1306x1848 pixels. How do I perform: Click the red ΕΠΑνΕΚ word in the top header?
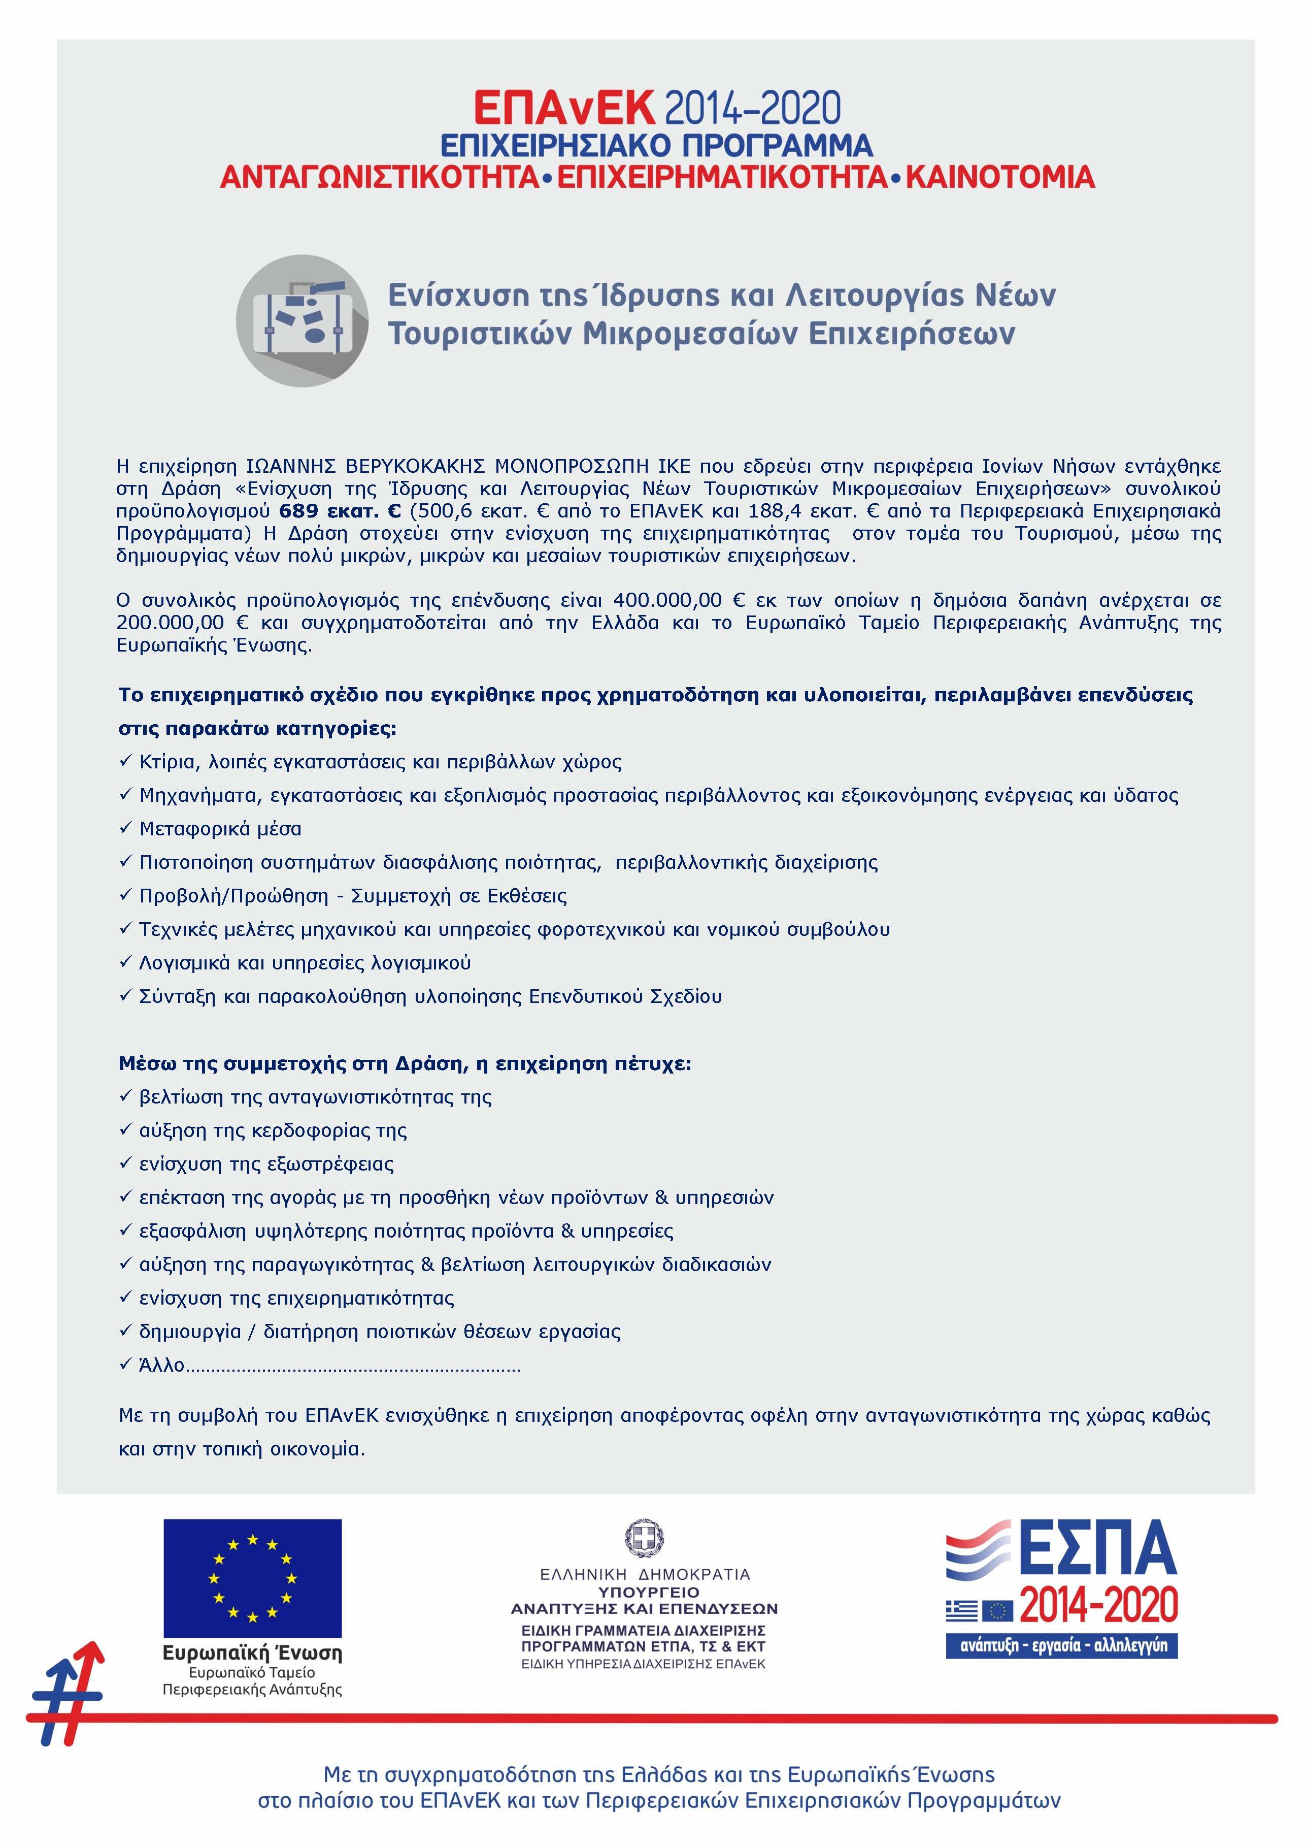click(x=564, y=108)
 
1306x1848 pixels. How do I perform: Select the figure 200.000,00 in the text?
click(x=170, y=623)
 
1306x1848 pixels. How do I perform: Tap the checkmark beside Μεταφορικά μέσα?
click(x=125, y=828)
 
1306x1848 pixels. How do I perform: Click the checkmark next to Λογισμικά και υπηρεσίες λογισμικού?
click(x=125, y=963)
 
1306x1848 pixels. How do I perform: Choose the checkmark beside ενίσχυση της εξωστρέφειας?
click(x=125, y=1164)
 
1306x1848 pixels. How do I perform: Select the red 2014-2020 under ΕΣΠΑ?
click(x=1098, y=1605)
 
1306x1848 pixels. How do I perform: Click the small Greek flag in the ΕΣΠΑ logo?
click(x=962, y=1610)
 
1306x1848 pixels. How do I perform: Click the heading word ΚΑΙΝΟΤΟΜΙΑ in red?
click(x=1000, y=177)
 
